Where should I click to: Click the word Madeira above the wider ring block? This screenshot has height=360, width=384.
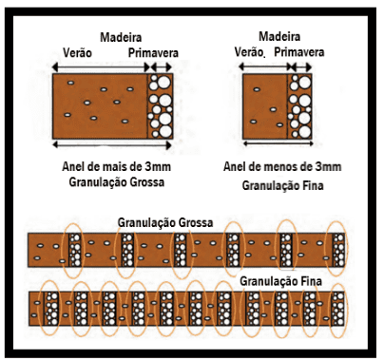(x=121, y=37)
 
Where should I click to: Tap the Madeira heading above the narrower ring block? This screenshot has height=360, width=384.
(x=279, y=36)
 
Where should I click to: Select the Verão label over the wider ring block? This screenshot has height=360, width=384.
(x=77, y=52)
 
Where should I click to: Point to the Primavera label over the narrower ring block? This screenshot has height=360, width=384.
(x=299, y=52)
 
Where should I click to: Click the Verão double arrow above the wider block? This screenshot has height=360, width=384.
(x=101, y=67)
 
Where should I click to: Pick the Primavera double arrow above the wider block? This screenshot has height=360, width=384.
(x=162, y=67)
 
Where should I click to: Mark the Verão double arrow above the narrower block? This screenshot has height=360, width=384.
(x=265, y=66)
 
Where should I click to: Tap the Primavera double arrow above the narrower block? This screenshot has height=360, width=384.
(x=301, y=66)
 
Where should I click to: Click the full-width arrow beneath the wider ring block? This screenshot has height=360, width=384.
(x=112, y=145)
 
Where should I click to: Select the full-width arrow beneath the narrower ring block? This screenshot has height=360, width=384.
(x=278, y=143)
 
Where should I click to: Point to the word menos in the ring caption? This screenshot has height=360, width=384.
(x=278, y=166)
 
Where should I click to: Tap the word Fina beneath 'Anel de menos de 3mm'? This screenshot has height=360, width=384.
(x=312, y=185)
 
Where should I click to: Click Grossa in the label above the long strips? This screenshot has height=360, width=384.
(x=195, y=222)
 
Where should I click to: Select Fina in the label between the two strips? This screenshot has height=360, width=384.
(x=311, y=281)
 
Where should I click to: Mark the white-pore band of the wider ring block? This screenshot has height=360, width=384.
(x=160, y=106)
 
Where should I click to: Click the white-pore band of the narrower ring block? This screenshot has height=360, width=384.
(x=299, y=106)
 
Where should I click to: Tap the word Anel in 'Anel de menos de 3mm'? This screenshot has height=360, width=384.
(x=234, y=166)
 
